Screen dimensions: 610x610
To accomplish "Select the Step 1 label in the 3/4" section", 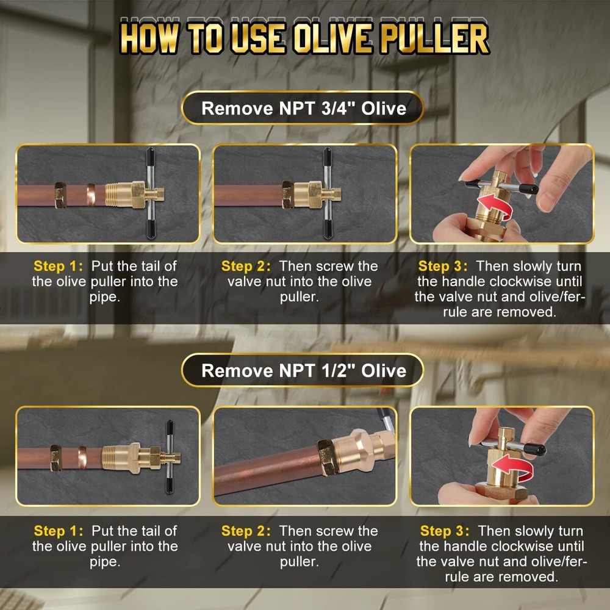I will [59, 267].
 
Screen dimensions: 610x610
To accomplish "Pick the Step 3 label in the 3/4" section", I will [443, 267].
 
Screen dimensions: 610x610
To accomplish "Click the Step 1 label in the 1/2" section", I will [59, 531].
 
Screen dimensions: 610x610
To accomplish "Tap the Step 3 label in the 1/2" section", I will [445, 531].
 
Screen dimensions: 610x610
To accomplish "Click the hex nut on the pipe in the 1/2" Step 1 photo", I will [56, 456].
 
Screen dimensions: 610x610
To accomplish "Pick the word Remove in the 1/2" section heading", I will [229, 371].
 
